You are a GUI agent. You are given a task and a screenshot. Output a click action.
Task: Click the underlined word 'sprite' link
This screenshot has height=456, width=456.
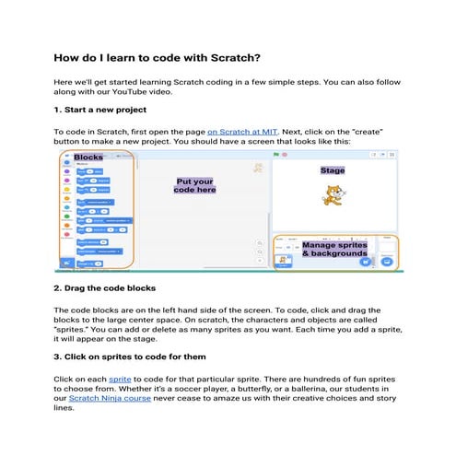click(x=120, y=378)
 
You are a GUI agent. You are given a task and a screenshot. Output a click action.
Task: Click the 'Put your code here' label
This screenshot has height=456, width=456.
click(x=194, y=187)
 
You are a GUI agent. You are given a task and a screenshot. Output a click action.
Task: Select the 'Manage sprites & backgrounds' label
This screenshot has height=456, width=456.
click(x=333, y=249)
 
